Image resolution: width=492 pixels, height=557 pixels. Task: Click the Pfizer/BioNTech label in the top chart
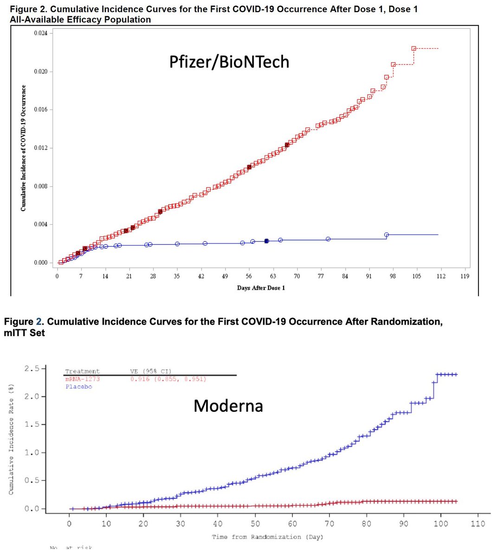coord(229,61)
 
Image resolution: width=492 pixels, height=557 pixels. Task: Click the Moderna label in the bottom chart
coord(228,406)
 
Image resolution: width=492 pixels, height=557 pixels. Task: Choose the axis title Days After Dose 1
coord(261,288)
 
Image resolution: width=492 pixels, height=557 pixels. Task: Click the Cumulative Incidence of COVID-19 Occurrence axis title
coord(23,148)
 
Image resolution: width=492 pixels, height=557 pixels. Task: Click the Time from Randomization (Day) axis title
coord(267,537)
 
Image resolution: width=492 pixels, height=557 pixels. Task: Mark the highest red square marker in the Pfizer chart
coord(414,48)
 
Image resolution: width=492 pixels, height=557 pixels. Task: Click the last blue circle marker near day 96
coord(386,235)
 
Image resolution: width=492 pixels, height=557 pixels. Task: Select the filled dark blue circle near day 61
coord(266,241)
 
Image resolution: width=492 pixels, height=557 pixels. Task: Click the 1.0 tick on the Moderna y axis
coord(43,453)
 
